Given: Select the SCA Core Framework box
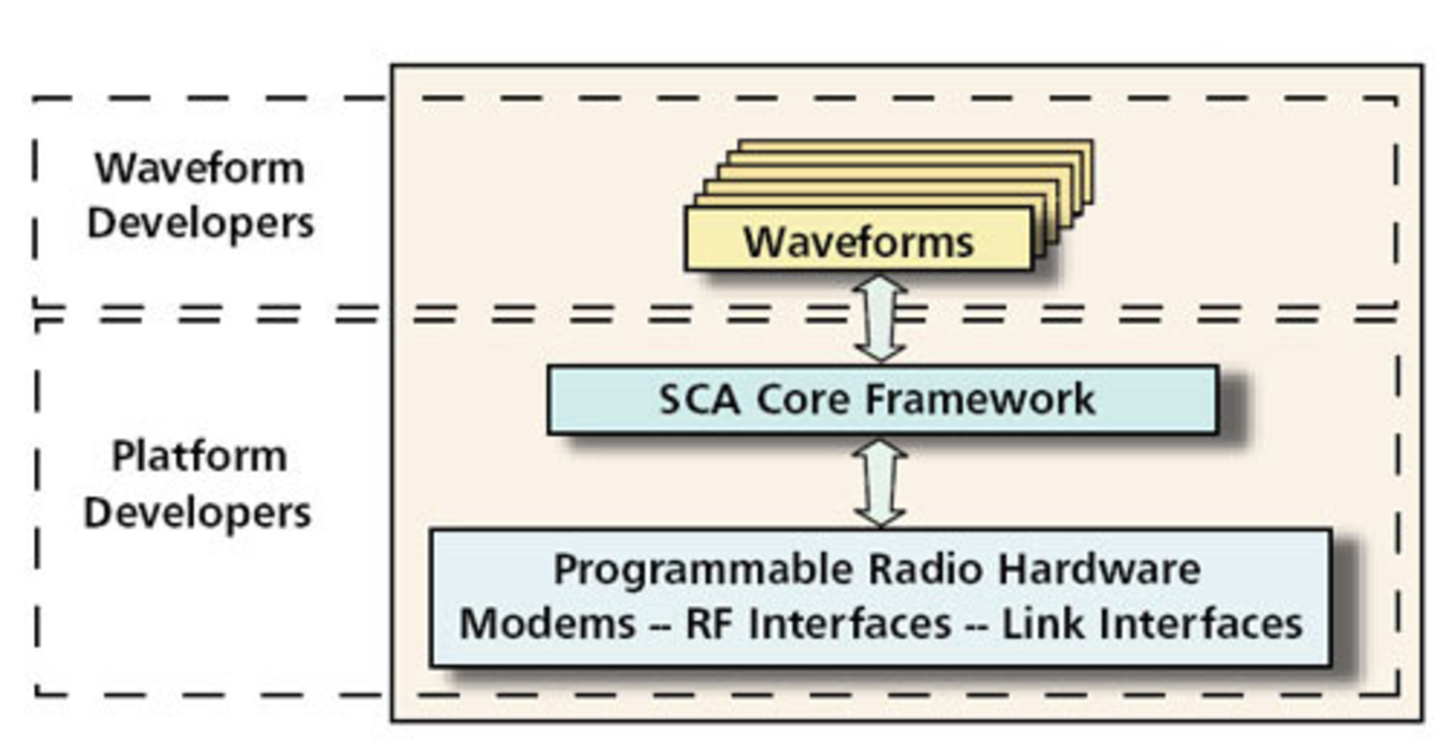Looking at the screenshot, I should point(881,400).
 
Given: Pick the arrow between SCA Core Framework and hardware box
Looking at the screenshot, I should point(880,482).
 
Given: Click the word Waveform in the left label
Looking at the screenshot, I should point(200,168).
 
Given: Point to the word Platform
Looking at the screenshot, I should point(200,456).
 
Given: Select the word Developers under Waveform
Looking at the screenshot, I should point(200,223).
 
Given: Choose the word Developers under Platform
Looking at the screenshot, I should point(197,513).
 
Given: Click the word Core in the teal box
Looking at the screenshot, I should point(801,400).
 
